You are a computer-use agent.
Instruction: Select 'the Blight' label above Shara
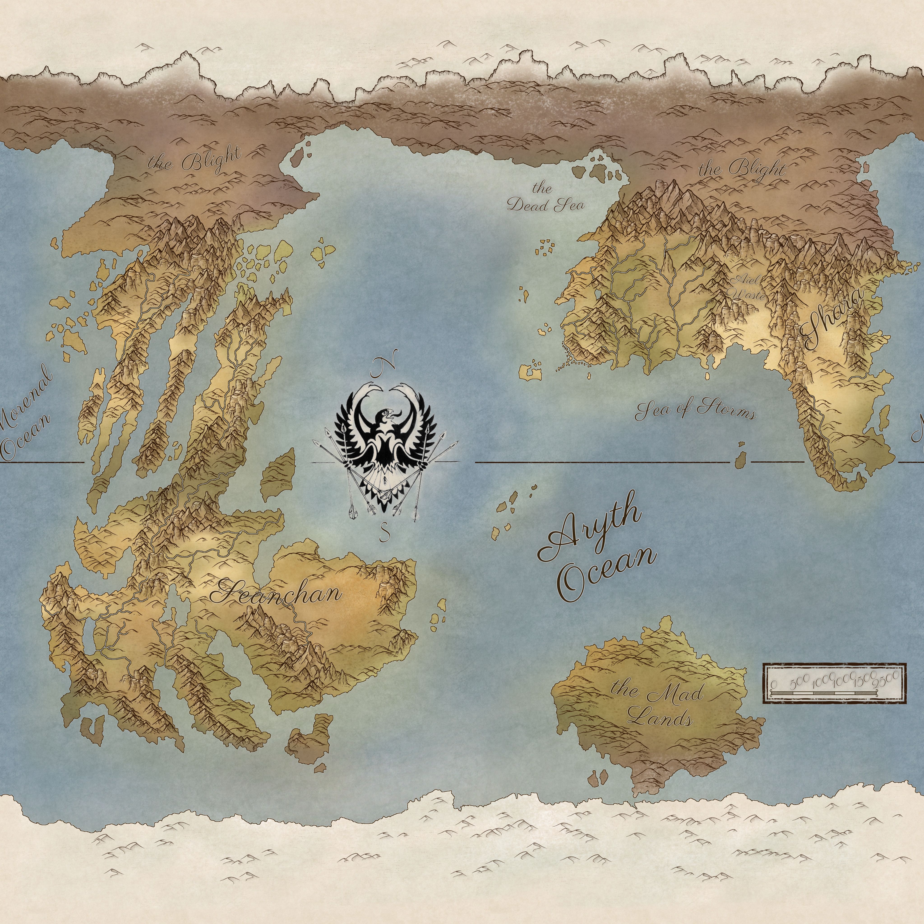point(742,168)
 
